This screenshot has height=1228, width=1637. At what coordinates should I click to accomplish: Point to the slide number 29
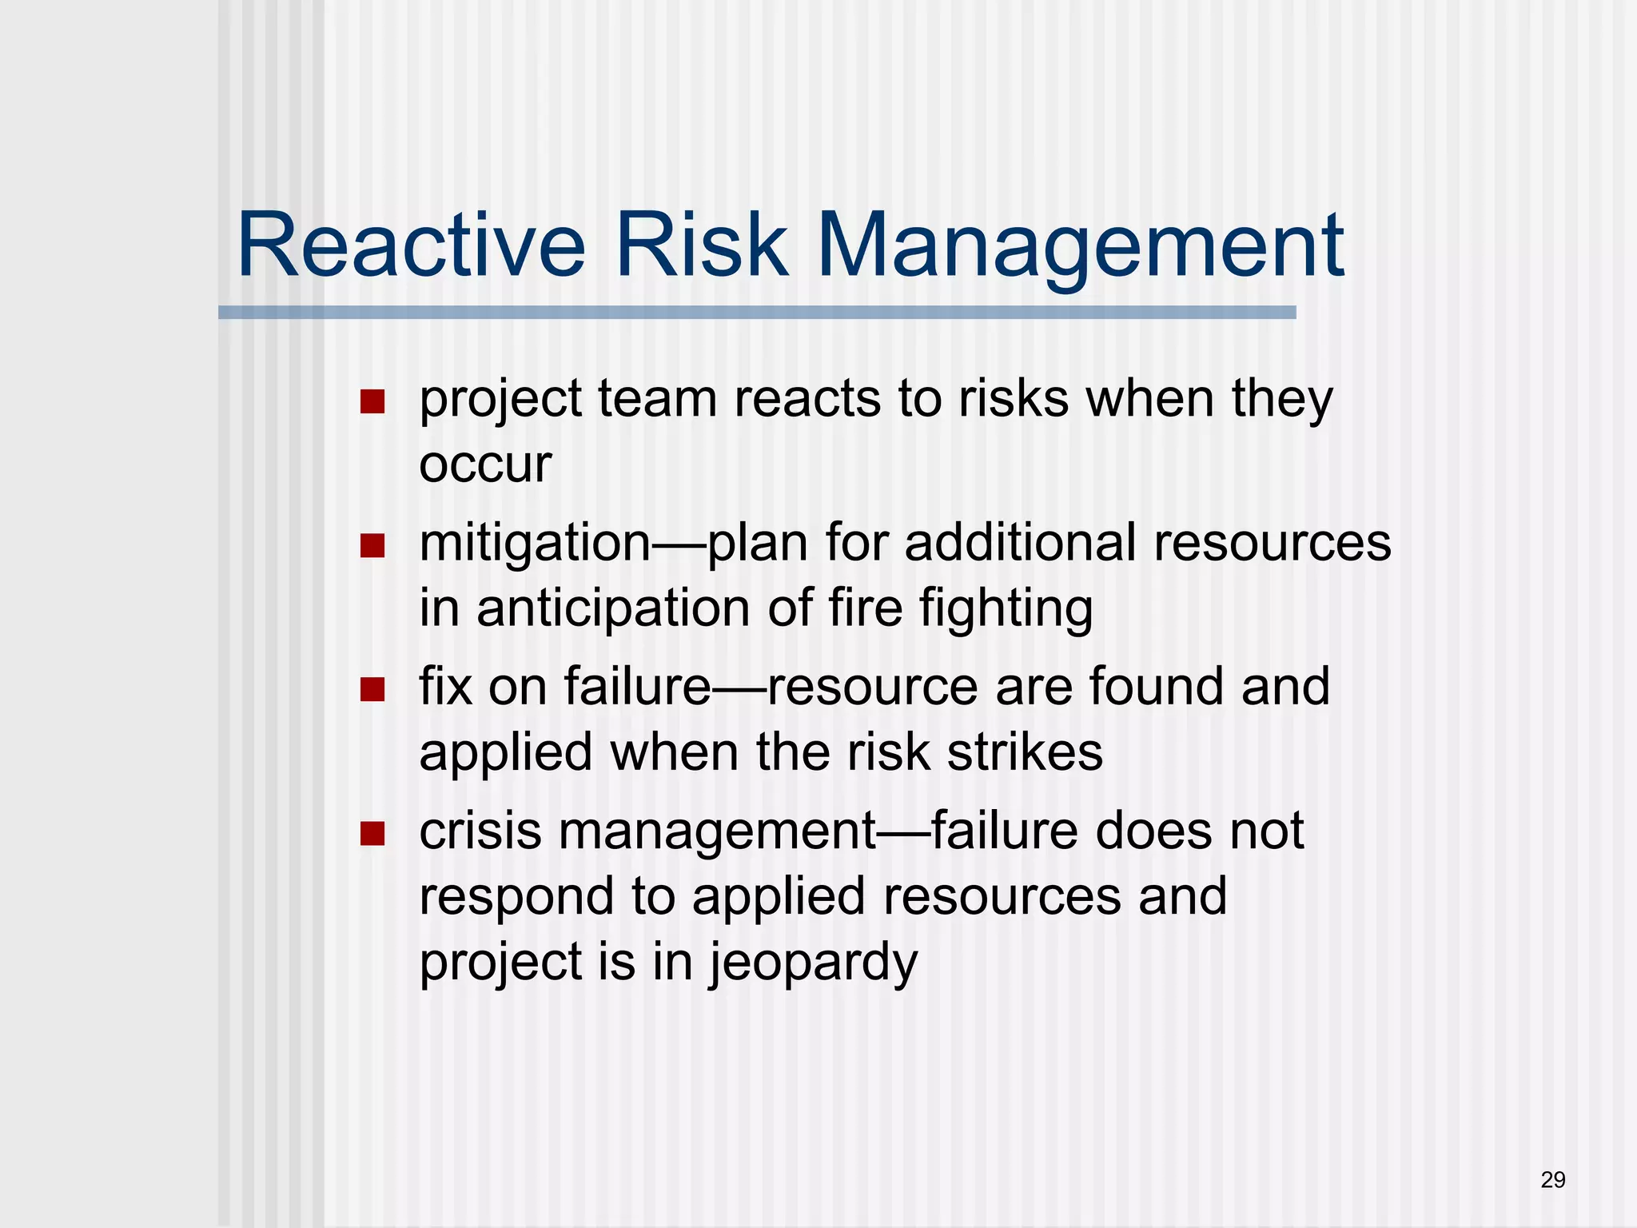click(1552, 1179)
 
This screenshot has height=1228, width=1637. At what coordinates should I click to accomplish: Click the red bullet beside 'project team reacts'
click(372, 401)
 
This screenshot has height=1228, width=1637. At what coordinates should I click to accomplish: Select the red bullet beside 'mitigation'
click(372, 546)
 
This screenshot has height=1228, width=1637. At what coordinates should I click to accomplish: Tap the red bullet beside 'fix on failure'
click(372, 689)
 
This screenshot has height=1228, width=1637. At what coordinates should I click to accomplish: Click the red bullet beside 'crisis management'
click(372, 834)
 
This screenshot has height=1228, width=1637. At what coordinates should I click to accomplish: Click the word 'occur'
click(485, 465)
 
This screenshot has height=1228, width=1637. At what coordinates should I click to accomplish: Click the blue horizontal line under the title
click(757, 313)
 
